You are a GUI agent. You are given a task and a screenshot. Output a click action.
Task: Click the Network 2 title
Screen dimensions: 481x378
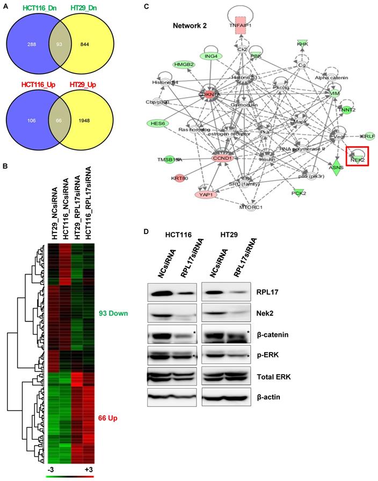point(191,25)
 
